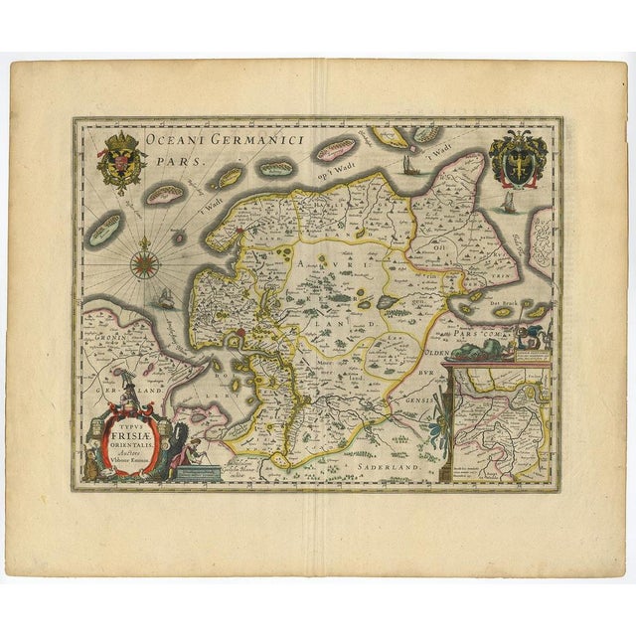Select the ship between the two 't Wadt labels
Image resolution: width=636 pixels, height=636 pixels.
[408, 165]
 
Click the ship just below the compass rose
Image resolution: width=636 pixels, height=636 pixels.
[161, 298]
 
